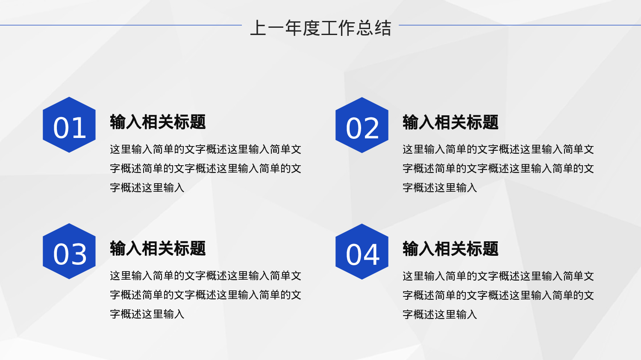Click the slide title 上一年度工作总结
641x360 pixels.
click(320, 28)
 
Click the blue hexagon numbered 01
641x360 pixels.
click(69, 125)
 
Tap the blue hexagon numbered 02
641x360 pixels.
click(362, 125)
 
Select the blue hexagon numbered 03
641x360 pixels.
click(69, 251)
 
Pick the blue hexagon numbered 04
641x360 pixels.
click(362, 252)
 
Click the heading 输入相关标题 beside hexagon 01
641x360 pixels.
click(158, 122)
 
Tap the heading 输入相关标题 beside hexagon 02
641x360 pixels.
click(450, 123)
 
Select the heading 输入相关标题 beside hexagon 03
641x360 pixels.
click(158, 249)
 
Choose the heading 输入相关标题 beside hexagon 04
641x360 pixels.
click(450, 249)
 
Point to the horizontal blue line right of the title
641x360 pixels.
click(520, 25)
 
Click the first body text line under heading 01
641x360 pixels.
click(206, 149)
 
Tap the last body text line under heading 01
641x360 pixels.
click(147, 188)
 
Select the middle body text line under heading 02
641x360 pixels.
click(498, 169)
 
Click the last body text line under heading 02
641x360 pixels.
click(440, 188)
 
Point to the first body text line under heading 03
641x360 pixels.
click(206, 276)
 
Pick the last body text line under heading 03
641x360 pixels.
click(147, 314)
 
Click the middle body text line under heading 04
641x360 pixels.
click(498, 296)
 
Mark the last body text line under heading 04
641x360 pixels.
click(440, 315)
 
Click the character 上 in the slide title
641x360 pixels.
click(258, 28)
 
